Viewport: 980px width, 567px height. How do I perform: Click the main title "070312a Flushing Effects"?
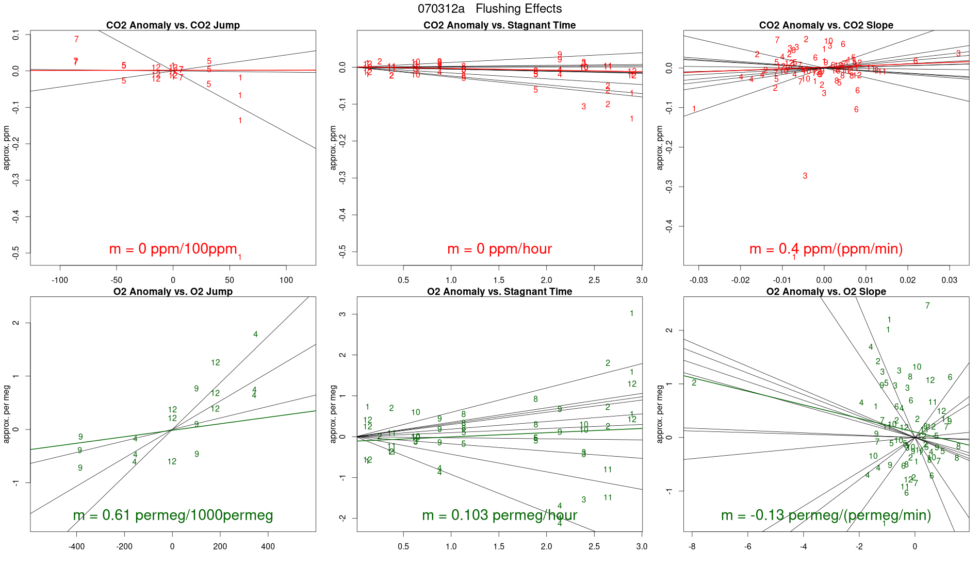[x=489, y=9]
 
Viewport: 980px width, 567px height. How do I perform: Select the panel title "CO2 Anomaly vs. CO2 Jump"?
[x=173, y=25]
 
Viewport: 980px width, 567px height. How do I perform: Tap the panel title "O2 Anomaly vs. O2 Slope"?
[x=826, y=292]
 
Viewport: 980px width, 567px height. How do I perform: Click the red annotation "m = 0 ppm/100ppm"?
[x=173, y=249]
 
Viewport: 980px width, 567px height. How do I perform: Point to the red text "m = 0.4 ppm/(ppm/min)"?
[x=826, y=249]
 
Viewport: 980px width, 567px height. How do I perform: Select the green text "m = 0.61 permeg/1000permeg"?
[x=173, y=515]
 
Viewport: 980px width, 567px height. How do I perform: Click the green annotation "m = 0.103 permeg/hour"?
[x=499, y=515]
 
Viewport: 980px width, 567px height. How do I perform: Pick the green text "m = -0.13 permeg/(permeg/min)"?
[x=826, y=515]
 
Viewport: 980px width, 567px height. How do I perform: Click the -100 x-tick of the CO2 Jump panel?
[x=60, y=280]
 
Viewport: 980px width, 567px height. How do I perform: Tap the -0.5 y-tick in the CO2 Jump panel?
[x=16, y=253]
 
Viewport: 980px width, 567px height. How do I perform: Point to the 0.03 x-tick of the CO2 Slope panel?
[x=949, y=280]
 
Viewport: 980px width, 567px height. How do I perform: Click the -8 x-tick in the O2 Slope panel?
[x=692, y=546]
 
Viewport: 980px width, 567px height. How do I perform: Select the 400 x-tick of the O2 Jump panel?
[x=268, y=546]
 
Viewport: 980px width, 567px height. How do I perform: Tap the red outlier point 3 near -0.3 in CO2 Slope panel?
[x=805, y=176]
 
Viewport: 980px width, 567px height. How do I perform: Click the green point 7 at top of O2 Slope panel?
[x=927, y=306]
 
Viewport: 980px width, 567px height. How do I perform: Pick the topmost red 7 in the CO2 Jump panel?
[x=76, y=39]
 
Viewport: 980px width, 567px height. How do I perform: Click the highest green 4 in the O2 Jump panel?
[x=255, y=335]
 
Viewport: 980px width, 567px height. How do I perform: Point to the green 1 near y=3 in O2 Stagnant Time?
[x=631, y=313]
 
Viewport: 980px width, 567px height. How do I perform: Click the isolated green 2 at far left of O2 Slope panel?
[x=694, y=382]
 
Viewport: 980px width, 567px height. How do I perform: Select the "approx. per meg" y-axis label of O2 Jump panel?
[x=7, y=414]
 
